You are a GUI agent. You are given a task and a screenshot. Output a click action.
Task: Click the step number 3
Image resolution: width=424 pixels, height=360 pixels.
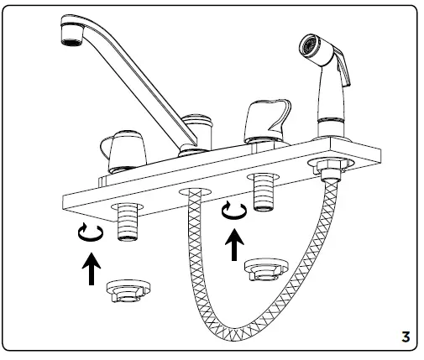coord(405,338)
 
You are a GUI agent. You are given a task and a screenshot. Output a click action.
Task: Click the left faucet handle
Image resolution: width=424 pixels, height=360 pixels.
coord(122,149)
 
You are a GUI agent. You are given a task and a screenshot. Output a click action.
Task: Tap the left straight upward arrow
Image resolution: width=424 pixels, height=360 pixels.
coord(88,272)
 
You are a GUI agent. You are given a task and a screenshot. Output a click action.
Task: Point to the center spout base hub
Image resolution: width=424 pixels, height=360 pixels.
coord(195,134)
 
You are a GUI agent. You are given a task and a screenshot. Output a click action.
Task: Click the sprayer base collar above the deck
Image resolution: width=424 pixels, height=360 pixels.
coord(329,128)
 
